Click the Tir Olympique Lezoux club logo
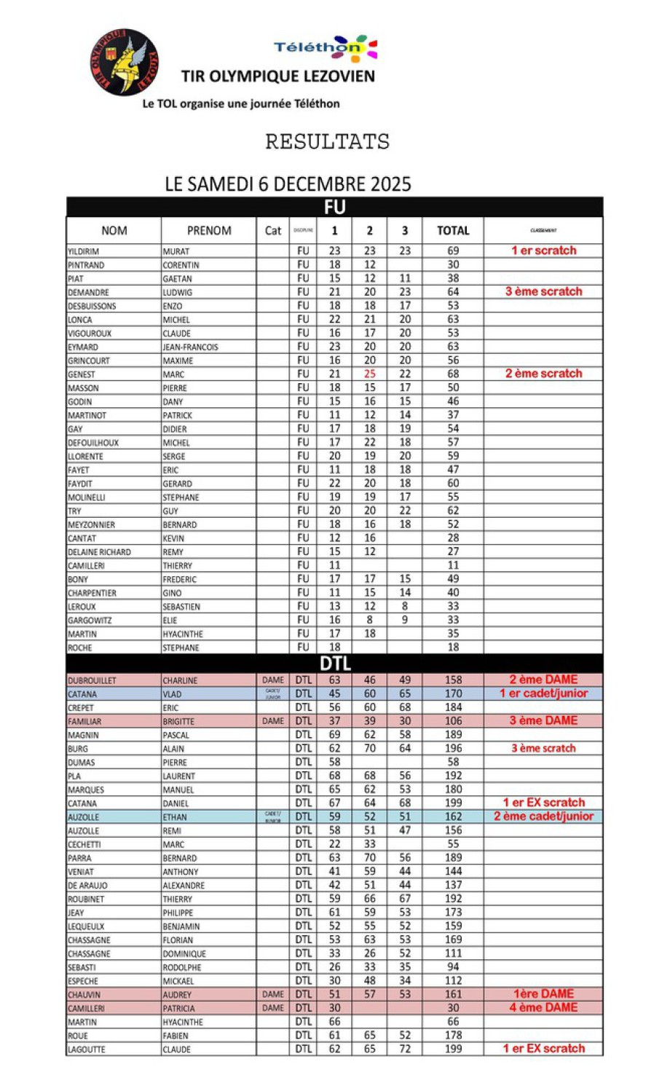[x=125, y=63]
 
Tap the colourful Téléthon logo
[x=326, y=47]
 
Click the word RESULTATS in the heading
[x=327, y=141]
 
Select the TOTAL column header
[x=453, y=231]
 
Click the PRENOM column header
[x=209, y=231]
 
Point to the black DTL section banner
[x=334, y=664]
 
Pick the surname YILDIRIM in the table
[x=84, y=251]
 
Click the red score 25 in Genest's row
[x=370, y=374]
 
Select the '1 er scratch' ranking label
[x=543, y=251]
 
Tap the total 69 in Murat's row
[x=453, y=251]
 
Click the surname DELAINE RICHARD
[x=100, y=552]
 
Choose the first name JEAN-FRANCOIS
[x=190, y=347]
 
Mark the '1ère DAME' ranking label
[x=543, y=994]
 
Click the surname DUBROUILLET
[x=92, y=680]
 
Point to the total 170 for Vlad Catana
[x=453, y=694]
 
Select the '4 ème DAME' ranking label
[x=543, y=1008]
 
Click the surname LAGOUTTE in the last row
[x=87, y=1050]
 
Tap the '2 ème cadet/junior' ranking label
[x=543, y=817]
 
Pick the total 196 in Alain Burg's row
[x=453, y=749]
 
